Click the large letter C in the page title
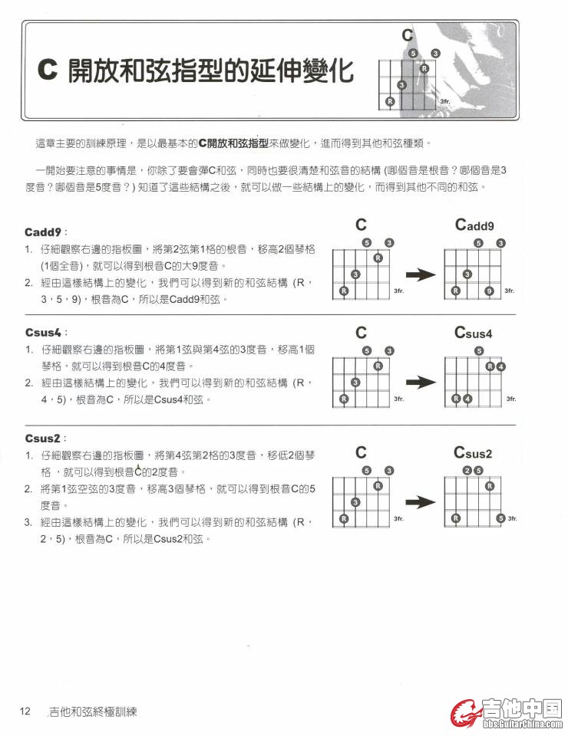pyautogui.click(x=48, y=71)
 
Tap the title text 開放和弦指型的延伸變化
pyautogui.click(x=210, y=71)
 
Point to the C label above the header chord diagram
pyautogui.click(x=407, y=35)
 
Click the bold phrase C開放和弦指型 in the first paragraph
pyautogui.click(x=233, y=143)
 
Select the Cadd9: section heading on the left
pyautogui.click(x=47, y=232)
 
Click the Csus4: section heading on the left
pyautogui.click(x=47, y=332)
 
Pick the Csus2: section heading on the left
pyautogui.click(x=47, y=438)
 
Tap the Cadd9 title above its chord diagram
pyautogui.click(x=474, y=225)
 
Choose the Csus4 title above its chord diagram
pyautogui.click(x=473, y=333)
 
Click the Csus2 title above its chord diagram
pyautogui.click(x=473, y=452)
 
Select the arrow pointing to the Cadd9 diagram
pyautogui.click(x=421, y=274)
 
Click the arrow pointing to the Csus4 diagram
pyautogui.click(x=421, y=382)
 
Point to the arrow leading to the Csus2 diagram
pyautogui.click(x=421, y=502)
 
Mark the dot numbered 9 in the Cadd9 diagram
pyautogui.click(x=489, y=291)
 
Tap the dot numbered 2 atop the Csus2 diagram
pyautogui.click(x=467, y=471)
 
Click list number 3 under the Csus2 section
pyautogui.click(x=28, y=522)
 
